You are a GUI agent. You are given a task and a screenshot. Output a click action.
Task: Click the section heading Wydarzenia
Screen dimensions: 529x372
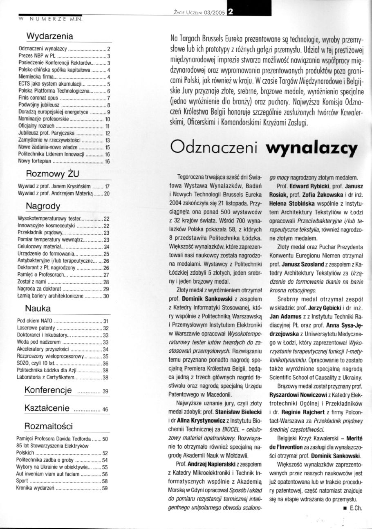(x=49, y=36)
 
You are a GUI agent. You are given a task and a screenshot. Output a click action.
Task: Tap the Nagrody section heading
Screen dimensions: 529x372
(x=43, y=204)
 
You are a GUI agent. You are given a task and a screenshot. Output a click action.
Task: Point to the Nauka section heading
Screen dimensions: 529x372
(x=38, y=307)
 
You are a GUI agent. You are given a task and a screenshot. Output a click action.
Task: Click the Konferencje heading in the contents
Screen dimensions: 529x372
(x=49, y=389)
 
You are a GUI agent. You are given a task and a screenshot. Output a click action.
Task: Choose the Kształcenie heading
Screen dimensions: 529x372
(x=46, y=408)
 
